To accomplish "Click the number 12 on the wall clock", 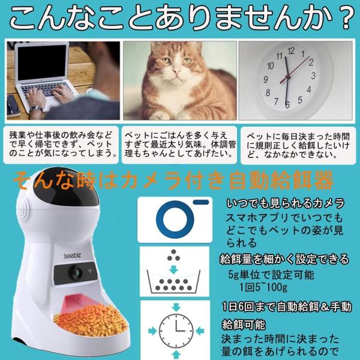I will coord(291,52).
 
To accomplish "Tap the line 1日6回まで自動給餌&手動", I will coord(285,307).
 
